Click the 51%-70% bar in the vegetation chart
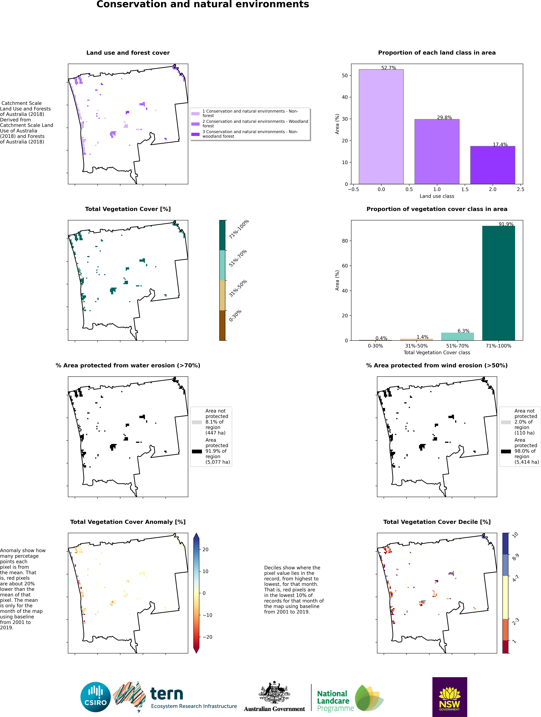coord(457,336)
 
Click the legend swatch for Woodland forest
coord(195,124)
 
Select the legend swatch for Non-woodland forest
coord(195,134)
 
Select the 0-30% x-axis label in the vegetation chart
coord(375,346)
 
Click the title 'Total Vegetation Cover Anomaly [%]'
coord(128,522)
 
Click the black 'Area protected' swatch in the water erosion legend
coord(197,451)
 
